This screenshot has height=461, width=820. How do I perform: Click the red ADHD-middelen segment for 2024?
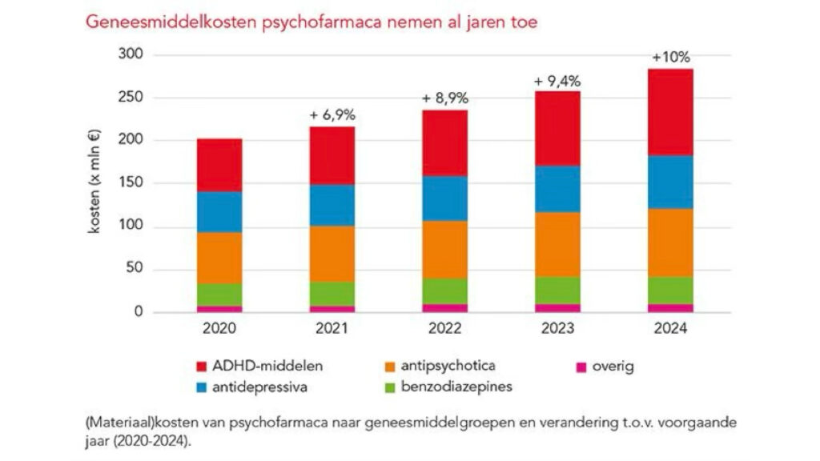pos(671,112)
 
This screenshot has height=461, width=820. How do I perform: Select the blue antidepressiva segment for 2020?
pos(219,212)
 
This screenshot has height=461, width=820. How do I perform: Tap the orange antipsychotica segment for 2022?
pos(445,249)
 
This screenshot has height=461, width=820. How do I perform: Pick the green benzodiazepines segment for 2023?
pos(558,290)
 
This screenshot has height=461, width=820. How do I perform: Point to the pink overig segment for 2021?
pos(332,308)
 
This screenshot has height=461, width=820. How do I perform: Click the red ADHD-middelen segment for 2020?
pos(219,165)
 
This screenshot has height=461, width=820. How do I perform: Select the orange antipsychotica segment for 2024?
pos(671,243)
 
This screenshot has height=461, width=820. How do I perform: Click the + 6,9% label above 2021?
pos(332,115)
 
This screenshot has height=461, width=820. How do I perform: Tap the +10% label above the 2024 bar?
pos(671,58)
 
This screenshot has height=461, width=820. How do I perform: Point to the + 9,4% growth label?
pos(558,81)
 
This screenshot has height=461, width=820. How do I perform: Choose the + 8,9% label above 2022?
pos(445,98)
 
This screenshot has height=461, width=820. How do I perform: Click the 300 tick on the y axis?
pos(130,54)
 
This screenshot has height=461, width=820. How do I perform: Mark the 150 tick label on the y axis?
pos(130,183)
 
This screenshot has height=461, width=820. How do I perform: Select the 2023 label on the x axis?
pos(558,328)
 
